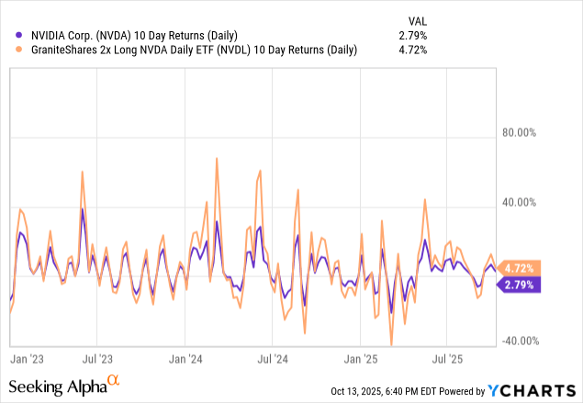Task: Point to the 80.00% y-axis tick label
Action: pyautogui.click(x=518, y=132)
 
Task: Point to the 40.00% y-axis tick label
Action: pyautogui.click(x=518, y=202)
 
